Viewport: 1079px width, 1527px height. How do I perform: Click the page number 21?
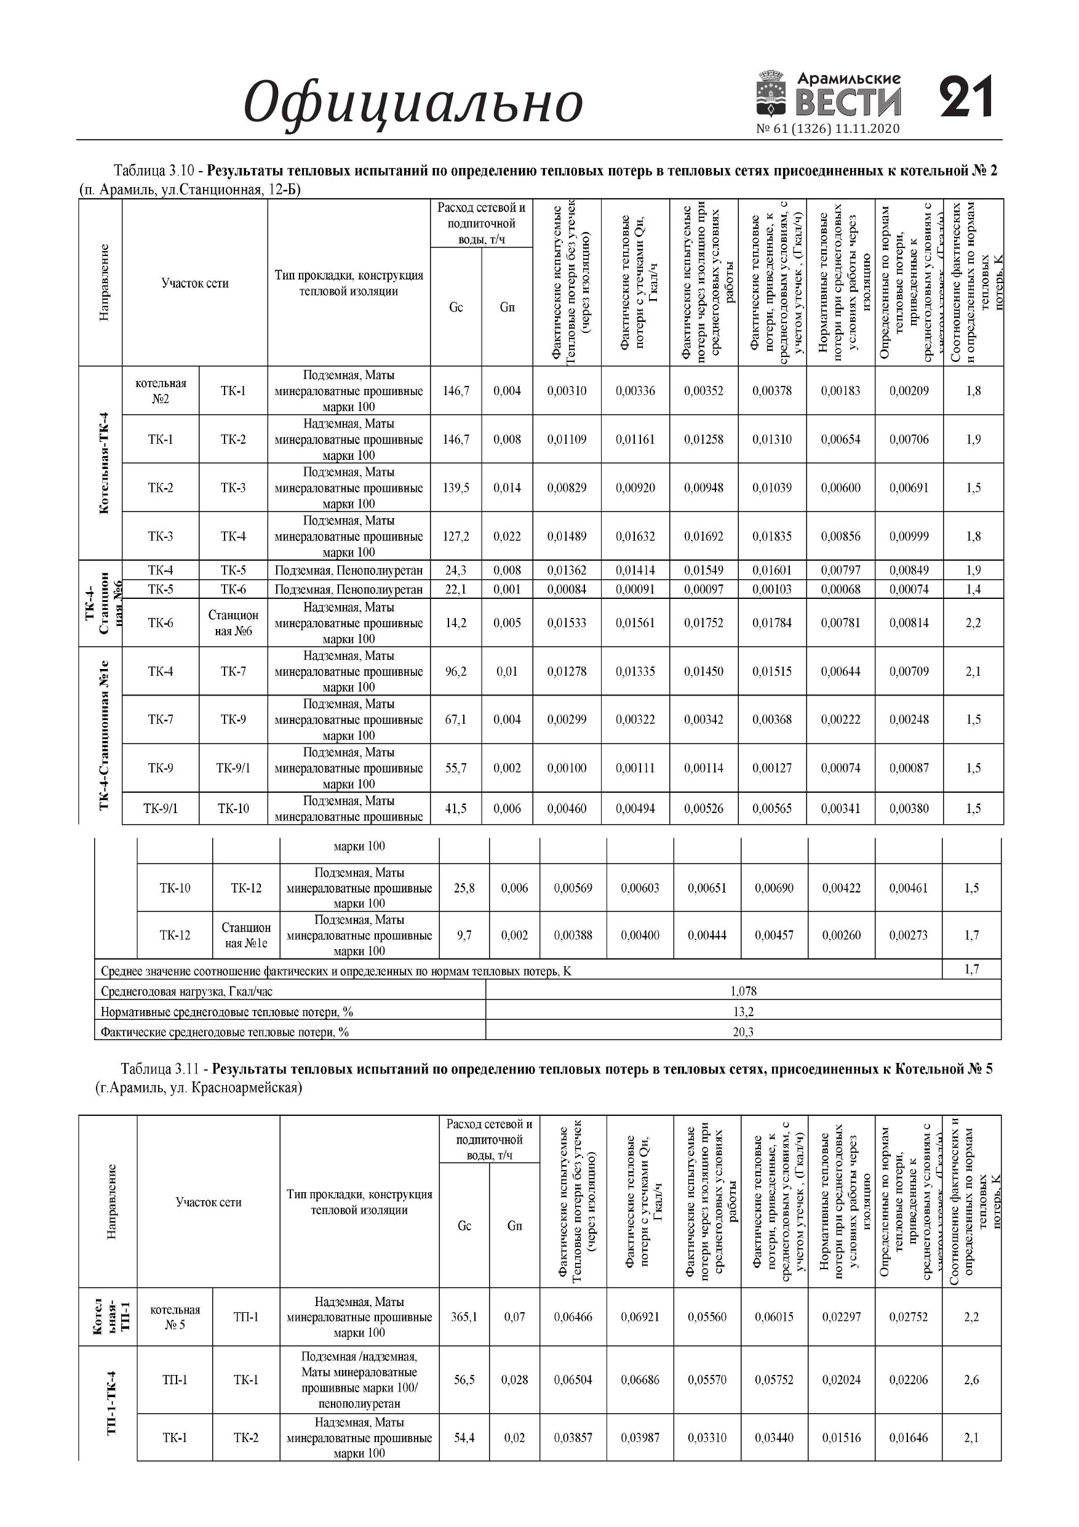coord(966,98)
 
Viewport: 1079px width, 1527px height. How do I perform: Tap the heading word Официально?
coord(413,102)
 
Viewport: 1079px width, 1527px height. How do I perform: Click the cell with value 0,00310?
coord(567,391)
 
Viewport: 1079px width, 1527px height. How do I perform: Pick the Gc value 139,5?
coord(455,488)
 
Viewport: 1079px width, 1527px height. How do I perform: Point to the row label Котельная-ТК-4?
coord(103,463)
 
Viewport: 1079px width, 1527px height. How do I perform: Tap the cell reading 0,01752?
coord(703,623)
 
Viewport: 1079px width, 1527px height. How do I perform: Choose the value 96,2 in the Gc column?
coord(455,671)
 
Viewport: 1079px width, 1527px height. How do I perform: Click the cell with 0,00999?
coord(909,537)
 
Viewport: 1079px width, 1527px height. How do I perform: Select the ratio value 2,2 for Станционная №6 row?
coord(973,623)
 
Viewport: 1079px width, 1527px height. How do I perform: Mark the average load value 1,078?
coord(743,992)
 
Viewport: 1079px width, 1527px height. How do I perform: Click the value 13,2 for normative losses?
coord(743,1012)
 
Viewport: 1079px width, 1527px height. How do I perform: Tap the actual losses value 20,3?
coord(743,1032)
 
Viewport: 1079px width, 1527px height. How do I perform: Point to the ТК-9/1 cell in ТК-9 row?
coord(233,768)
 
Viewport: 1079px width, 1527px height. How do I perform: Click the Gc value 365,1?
coord(464,1317)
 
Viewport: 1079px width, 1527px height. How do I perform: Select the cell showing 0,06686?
coord(640,1380)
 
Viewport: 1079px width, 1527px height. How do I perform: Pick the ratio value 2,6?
coord(971,1380)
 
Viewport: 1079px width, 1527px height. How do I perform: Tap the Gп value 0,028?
coord(514,1380)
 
